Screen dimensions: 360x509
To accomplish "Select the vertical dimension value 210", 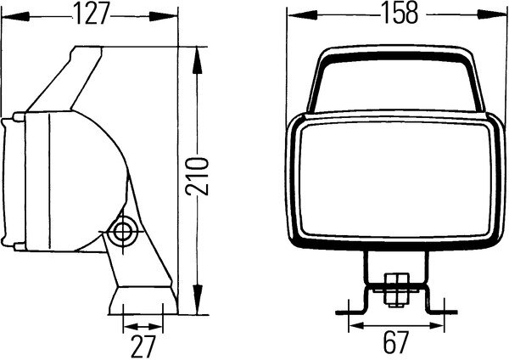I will [x=196, y=177].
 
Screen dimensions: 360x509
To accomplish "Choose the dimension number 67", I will [x=395, y=343].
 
